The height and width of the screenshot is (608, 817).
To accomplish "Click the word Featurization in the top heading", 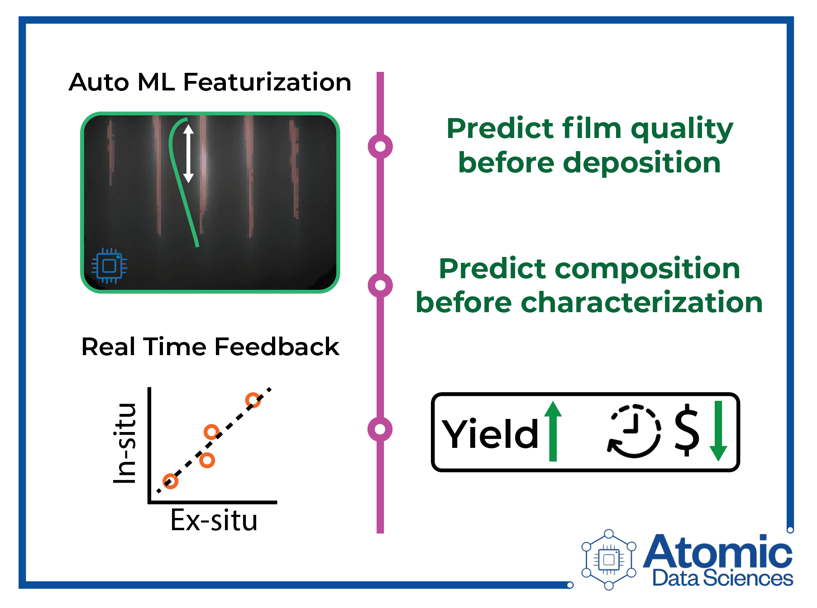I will [267, 82].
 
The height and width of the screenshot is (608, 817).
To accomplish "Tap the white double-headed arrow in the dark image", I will [188, 154].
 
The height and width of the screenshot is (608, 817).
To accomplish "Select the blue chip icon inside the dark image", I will [109, 266].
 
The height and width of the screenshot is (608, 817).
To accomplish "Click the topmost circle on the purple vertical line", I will [380, 147].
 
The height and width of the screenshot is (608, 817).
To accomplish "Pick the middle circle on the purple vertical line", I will [380, 285].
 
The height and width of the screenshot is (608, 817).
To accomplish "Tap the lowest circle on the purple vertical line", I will [380, 429].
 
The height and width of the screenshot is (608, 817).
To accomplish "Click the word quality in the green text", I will [682, 129].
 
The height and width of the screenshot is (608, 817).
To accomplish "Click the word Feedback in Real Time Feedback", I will [277, 347].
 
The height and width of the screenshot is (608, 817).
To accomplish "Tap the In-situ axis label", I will [125, 443].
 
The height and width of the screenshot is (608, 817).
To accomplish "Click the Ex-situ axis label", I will [214, 520].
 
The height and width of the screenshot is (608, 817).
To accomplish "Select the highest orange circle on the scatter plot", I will [253, 400].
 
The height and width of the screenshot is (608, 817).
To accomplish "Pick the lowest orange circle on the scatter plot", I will [170, 481].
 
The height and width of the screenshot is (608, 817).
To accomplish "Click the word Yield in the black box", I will [490, 434].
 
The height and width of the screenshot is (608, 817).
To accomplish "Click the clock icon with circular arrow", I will [634, 431].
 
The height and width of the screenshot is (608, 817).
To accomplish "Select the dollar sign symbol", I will [687, 430].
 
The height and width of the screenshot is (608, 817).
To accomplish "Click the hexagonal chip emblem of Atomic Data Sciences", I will [609, 560].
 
